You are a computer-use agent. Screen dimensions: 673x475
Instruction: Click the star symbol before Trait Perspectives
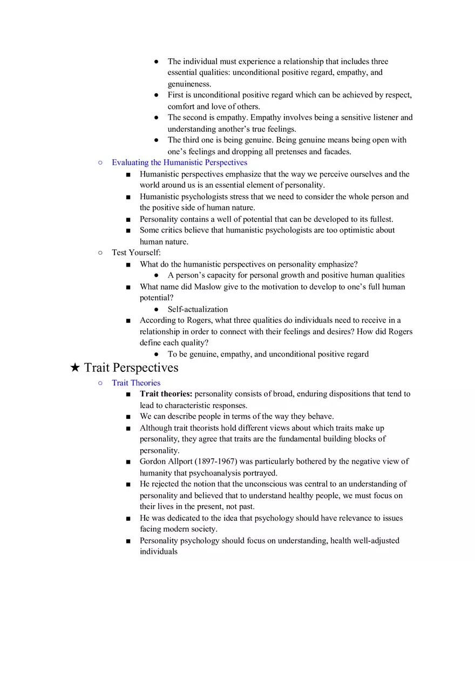point(76,368)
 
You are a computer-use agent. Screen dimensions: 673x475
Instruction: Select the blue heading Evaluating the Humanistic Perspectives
point(179,162)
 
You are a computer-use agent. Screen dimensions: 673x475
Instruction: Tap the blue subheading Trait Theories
point(136,383)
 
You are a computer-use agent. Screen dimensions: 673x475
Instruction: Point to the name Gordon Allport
point(165,461)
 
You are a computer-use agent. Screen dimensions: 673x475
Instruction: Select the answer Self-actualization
point(198,309)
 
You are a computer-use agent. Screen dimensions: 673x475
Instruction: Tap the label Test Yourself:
point(136,253)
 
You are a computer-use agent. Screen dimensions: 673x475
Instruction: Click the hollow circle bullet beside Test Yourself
point(100,253)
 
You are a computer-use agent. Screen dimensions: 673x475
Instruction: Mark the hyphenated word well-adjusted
point(374,540)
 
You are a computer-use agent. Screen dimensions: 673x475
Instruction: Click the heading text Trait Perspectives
point(131,368)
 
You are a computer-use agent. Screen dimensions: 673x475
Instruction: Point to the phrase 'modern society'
point(191,529)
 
